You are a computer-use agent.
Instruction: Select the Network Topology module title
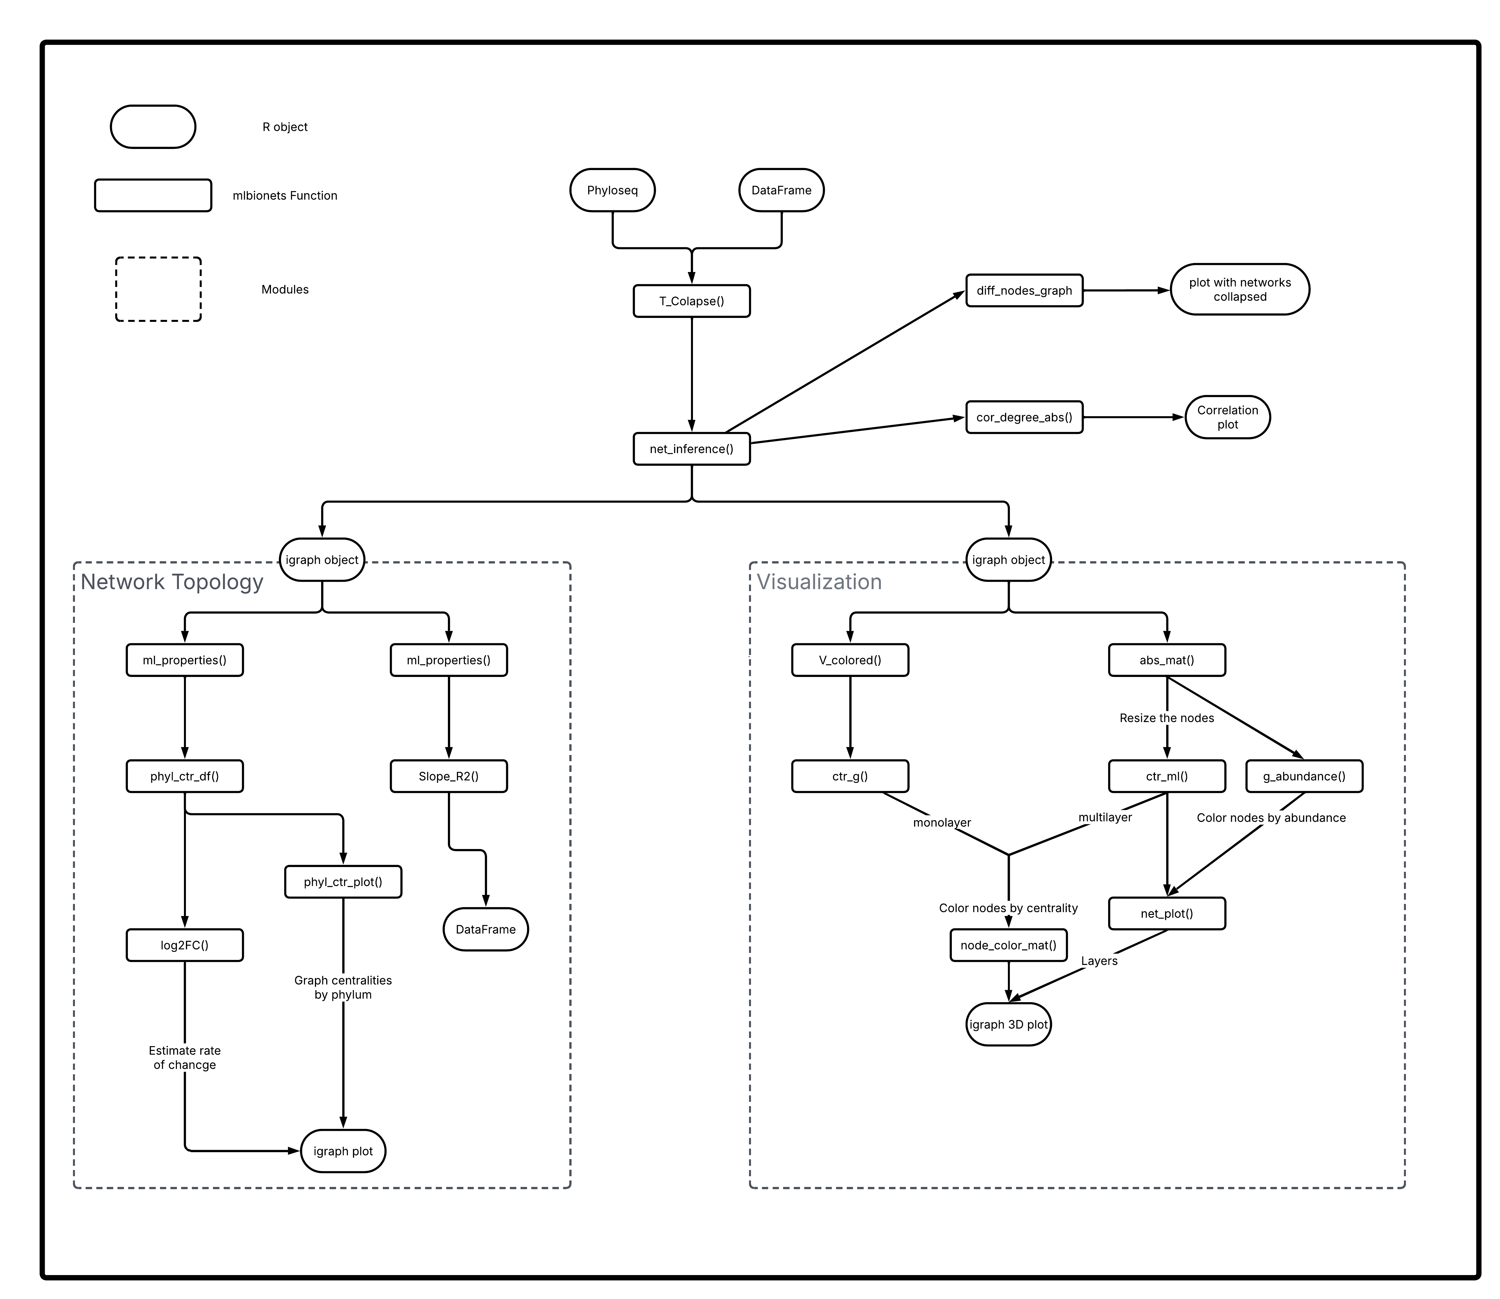pyautogui.click(x=172, y=582)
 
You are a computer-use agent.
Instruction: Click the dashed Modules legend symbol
pyautogui.click(x=158, y=289)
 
